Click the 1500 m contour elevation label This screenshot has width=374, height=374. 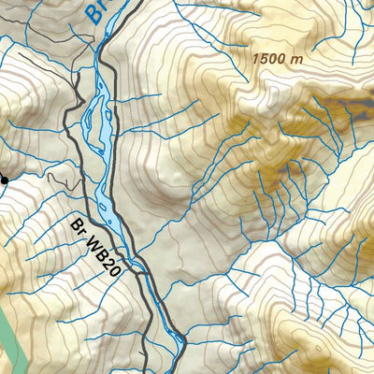tap(278, 58)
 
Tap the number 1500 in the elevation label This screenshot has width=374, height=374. tap(269, 58)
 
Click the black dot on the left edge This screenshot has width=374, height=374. tap(4, 180)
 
